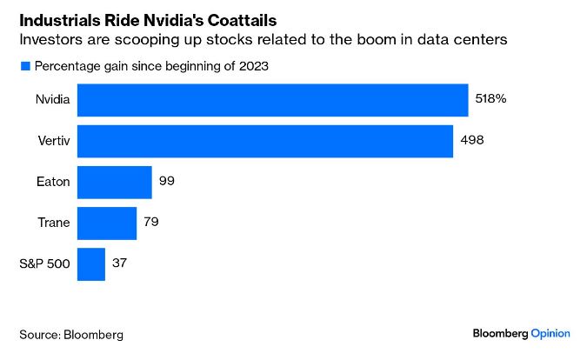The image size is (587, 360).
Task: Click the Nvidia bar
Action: [273, 99]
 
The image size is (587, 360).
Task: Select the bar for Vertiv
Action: [265, 141]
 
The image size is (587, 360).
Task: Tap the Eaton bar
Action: [115, 182]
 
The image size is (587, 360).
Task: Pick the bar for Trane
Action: [107, 223]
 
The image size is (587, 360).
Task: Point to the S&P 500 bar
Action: [91, 263]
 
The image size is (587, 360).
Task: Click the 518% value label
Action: [490, 99]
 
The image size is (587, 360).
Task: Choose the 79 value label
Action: [151, 223]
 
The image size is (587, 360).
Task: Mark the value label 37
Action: [120, 263]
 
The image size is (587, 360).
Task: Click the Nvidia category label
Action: [52, 99]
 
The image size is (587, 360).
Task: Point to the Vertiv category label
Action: [54, 141]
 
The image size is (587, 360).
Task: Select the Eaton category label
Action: [54, 182]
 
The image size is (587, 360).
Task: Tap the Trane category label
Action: [54, 223]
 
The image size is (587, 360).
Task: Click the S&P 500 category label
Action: [47, 263]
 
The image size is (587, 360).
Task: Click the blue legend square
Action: [25, 66]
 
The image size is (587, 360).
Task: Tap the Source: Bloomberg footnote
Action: [71, 334]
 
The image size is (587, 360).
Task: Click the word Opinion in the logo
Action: [550, 333]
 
